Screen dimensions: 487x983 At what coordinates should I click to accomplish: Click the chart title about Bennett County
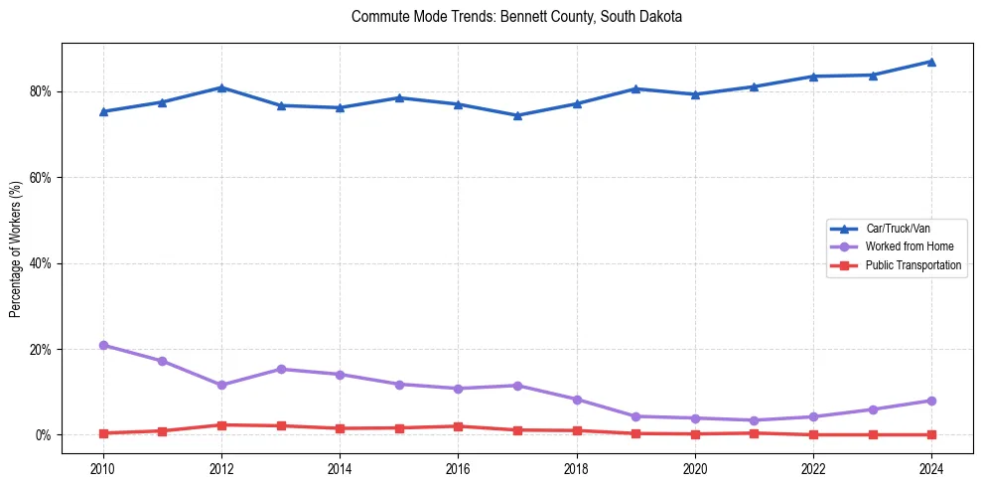(516, 17)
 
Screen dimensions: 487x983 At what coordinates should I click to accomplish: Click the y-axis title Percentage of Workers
(16, 248)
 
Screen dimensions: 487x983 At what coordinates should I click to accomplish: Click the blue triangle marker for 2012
(221, 87)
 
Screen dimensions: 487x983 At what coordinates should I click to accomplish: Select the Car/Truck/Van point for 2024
(931, 62)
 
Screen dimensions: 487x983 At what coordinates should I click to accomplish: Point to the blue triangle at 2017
(517, 115)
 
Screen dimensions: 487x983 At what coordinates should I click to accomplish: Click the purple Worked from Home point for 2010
(102, 345)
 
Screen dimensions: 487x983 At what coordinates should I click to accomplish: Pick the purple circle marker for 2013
(281, 369)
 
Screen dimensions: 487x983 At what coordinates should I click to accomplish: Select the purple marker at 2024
(931, 401)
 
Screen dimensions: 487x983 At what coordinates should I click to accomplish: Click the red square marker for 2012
(221, 425)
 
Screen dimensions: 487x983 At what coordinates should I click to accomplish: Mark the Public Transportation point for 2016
(458, 426)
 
